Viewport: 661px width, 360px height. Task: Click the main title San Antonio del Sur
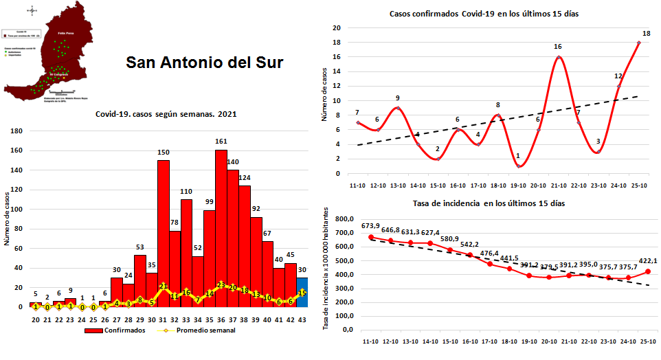tap(204, 63)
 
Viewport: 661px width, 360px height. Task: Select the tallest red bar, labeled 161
tap(221, 227)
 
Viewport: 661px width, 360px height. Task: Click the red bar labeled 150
tap(164, 234)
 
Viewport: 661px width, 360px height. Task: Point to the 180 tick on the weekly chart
tap(17, 131)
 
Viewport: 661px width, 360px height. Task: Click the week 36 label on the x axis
tap(221, 319)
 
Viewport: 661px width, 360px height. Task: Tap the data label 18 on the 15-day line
tap(646, 34)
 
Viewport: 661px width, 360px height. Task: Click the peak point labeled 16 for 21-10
tap(558, 57)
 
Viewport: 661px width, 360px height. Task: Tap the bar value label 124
tap(245, 178)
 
